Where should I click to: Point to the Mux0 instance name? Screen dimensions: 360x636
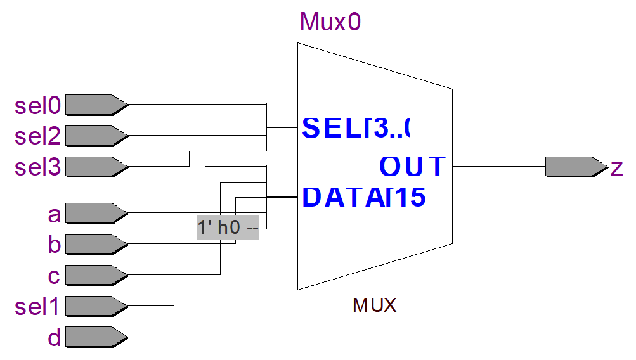[x=330, y=22]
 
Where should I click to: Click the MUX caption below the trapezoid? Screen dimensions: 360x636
[x=374, y=306]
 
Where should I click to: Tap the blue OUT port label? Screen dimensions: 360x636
[x=413, y=167]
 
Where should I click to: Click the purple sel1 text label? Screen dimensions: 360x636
[x=37, y=307]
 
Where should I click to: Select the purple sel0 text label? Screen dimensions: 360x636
[x=39, y=106]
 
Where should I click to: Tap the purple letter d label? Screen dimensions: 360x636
[x=55, y=338]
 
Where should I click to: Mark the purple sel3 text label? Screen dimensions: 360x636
[x=39, y=168]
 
